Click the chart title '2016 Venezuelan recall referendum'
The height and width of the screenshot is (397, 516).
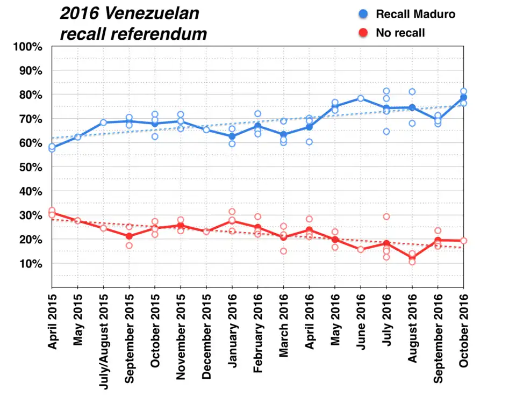pyautogui.click(x=133, y=23)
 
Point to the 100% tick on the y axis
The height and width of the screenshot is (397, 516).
pyautogui.click(x=28, y=47)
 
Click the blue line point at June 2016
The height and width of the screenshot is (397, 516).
pyautogui.click(x=361, y=98)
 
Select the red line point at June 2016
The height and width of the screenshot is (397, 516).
pyautogui.click(x=361, y=249)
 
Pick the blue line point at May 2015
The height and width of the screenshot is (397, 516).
pyautogui.click(x=78, y=137)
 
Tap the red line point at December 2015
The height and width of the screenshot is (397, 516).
pyautogui.click(x=206, y=232)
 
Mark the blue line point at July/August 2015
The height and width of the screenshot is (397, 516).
pyautogui.click(x=104, y=122)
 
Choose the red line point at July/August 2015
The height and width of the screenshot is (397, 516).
pyautogui.click(x=104, y=228)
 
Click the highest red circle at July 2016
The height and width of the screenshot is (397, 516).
pyautogui.click(x=386, y=216)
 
